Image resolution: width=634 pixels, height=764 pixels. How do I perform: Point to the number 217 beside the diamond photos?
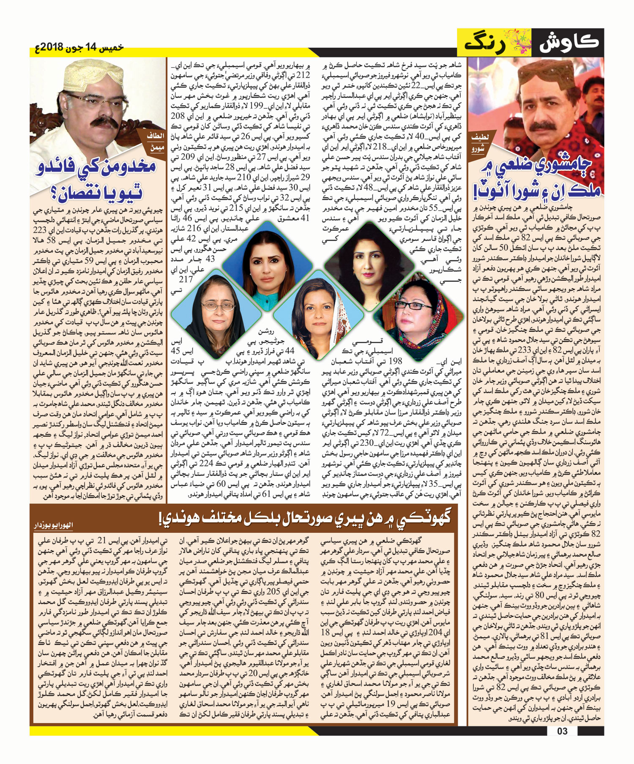186,279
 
